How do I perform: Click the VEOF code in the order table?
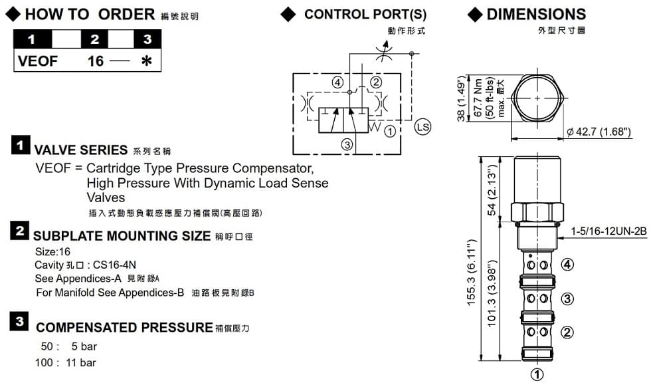[x=39, y=62]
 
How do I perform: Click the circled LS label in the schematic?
[x=422, y=126]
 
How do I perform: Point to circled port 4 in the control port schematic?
[x=338, y=82]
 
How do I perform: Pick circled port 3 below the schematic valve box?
[x=346, y=144]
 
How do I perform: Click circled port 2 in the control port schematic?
[x=376, y=82]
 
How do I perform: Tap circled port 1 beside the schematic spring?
[x=390, y=131]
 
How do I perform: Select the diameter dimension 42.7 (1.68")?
[x=599, y=131]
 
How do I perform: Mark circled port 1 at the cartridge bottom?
[x=538, y=374]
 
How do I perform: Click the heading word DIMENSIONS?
[x=536, y=14]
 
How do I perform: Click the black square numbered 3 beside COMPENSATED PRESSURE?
[x=20, y=322]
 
